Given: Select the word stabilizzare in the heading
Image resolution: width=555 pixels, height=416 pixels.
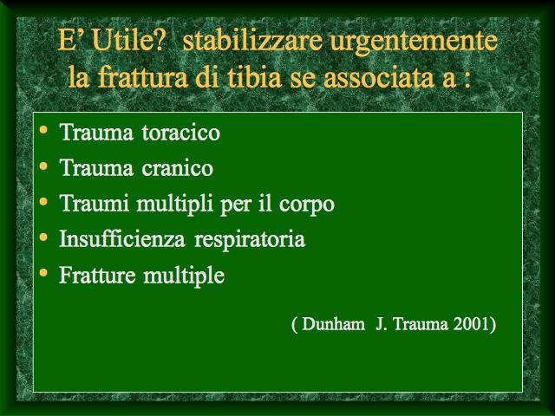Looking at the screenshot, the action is (252, 40).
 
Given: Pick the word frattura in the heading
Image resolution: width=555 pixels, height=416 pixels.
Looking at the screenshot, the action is (142, 77).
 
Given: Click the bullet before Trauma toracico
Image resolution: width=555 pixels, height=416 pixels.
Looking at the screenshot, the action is (43, 129).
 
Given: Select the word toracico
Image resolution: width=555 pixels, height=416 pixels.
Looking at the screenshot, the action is (180, 133).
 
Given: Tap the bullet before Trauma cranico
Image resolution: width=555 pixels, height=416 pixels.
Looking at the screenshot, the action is (43, 166).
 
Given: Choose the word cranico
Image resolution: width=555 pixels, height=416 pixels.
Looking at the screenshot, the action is (177, 168).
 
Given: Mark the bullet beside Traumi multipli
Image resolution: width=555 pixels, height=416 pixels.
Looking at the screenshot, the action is (43, 202).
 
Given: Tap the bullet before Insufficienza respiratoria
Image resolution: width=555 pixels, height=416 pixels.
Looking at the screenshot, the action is (43, 237).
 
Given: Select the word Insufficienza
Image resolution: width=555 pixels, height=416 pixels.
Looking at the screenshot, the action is (122, 238).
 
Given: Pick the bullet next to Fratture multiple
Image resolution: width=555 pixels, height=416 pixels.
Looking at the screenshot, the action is (43, 273).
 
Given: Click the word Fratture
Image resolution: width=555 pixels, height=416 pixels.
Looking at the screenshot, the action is (97, 275).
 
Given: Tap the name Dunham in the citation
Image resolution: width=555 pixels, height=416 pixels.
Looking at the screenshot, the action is (333, 324).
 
